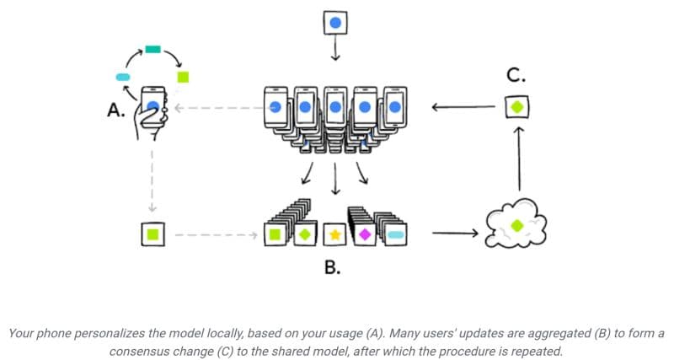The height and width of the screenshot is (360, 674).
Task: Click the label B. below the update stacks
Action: point(333,268)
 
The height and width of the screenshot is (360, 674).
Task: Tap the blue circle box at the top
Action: point(335,22)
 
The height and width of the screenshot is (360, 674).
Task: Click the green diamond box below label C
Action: point(517,107)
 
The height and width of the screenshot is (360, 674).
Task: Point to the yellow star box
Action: point(334,233)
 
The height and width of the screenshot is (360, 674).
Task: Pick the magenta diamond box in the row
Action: point(364,233)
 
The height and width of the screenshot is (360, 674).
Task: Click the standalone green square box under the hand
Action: point(153,233)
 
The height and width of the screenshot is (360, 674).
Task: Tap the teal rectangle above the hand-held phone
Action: point(152,50)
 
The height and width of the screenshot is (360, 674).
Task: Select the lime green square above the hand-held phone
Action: point(183,77)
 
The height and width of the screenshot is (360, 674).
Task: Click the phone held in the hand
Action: point(153,106)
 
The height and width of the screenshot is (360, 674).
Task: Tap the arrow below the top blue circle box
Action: point(335,50)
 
